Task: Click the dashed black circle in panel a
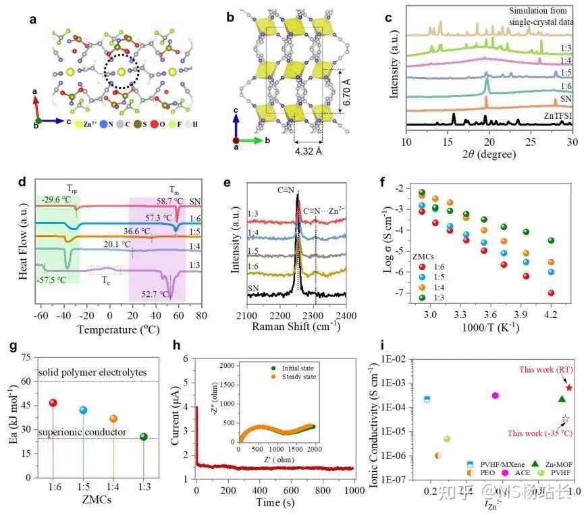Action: click(x=121, y=72)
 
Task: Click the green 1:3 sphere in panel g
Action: click(x=143, y=437)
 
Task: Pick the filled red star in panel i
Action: click(x=568, y=387)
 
